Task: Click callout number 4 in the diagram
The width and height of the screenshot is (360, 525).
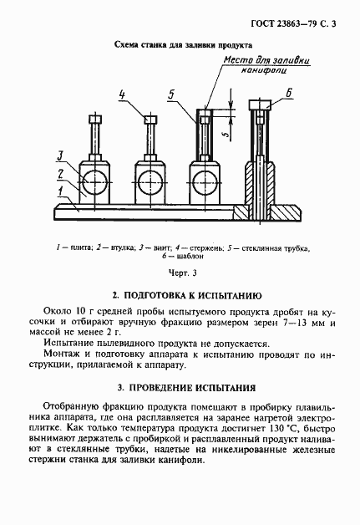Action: pos(122,94)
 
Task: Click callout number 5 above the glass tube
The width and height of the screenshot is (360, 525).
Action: pos(171,95)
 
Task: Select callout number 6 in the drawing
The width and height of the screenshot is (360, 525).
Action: pos(288,94)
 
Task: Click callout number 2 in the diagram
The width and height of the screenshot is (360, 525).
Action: pos(60,172)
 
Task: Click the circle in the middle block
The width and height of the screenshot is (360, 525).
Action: pos(150,178)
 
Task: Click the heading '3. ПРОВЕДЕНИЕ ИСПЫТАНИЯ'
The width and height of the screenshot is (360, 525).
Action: pos(186,387)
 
